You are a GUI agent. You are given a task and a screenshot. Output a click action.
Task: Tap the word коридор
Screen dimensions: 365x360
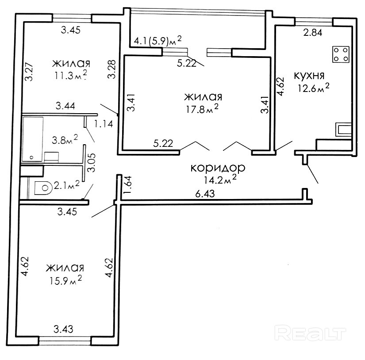(217, 168)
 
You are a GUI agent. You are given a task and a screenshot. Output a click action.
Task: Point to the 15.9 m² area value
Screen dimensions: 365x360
(65, 280)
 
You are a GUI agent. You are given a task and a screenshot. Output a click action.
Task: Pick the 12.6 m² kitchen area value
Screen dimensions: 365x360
(313, 88)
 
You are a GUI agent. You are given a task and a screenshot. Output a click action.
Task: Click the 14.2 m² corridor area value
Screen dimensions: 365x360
(217, 180)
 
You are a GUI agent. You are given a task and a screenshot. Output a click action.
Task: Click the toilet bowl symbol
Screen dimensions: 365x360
(43, 188)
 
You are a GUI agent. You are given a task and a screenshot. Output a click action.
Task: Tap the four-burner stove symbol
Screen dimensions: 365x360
(341, 54)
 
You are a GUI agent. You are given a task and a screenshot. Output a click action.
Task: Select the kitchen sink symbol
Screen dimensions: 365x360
(344, 130)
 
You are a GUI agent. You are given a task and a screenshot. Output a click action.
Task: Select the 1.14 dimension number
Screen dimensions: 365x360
(105, 124)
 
